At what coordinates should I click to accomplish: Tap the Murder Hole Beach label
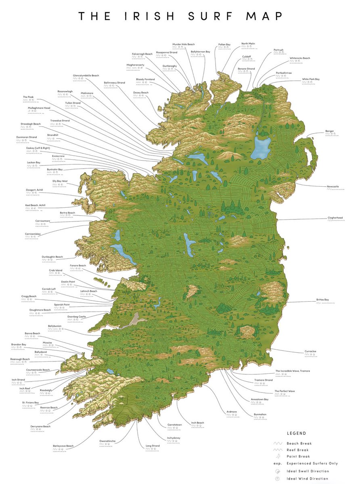tap(184, 44)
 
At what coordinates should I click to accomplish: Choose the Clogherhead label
tap(335, 218)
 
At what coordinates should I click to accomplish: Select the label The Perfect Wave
tap(285, 391)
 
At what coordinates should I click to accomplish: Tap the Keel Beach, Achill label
tap(35, 205)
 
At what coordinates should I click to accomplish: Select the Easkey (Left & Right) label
tap(35, 148)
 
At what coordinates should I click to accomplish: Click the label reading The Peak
tap(28, 97)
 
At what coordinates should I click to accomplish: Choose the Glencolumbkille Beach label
tap(86, 75)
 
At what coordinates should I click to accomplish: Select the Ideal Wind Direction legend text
tap(308, 479)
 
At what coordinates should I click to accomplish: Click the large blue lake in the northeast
tap(261, 147)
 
